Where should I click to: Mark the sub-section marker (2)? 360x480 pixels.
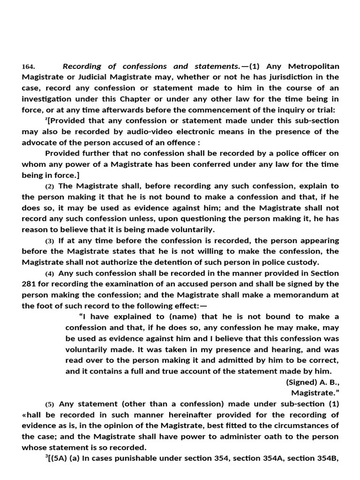click(x=50, y=186)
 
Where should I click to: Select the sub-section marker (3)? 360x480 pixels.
click(x=50, y=241)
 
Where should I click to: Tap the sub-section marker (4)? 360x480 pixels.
click(x=50, y=274)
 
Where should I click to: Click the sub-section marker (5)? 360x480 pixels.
click(x=50, y=405)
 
